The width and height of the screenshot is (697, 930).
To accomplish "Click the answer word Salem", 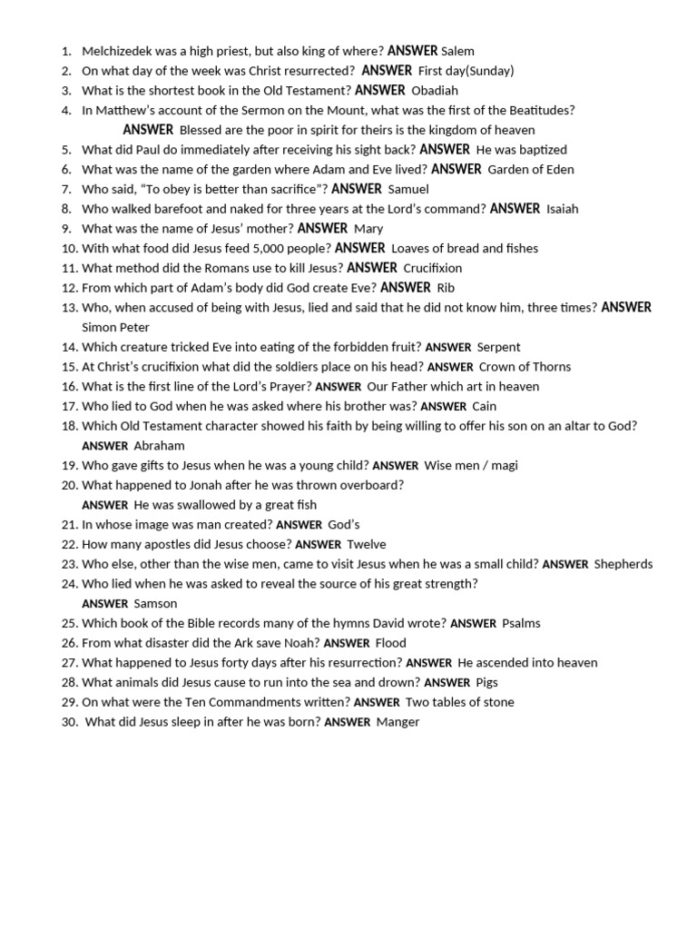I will point(458,51).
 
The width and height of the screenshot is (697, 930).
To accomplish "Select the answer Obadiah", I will point(435,91).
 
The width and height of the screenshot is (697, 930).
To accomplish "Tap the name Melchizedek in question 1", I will point(116,51).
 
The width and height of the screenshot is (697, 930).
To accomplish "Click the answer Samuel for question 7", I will point(407,189).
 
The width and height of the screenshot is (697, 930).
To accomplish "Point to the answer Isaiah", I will point(562,209).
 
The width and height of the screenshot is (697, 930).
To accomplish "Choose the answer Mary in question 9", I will point(368,229).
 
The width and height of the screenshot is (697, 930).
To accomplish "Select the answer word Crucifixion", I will point(432,268).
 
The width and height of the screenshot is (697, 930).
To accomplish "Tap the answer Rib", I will point(446,288).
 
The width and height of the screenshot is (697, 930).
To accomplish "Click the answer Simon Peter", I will point(115,327).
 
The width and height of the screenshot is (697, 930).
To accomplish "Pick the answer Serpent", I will point(498,347).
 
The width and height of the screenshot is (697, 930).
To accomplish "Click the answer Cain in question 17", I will point(484,406).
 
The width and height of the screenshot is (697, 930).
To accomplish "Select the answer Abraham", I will point(159,446).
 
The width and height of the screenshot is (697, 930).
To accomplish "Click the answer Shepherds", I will point(623,564).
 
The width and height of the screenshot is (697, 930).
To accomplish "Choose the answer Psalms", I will point(521,623).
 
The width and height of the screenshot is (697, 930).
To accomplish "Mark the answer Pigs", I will point(486,682).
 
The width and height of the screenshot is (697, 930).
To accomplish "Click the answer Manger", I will point(398,722).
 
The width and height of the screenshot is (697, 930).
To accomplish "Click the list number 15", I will point(70,367).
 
